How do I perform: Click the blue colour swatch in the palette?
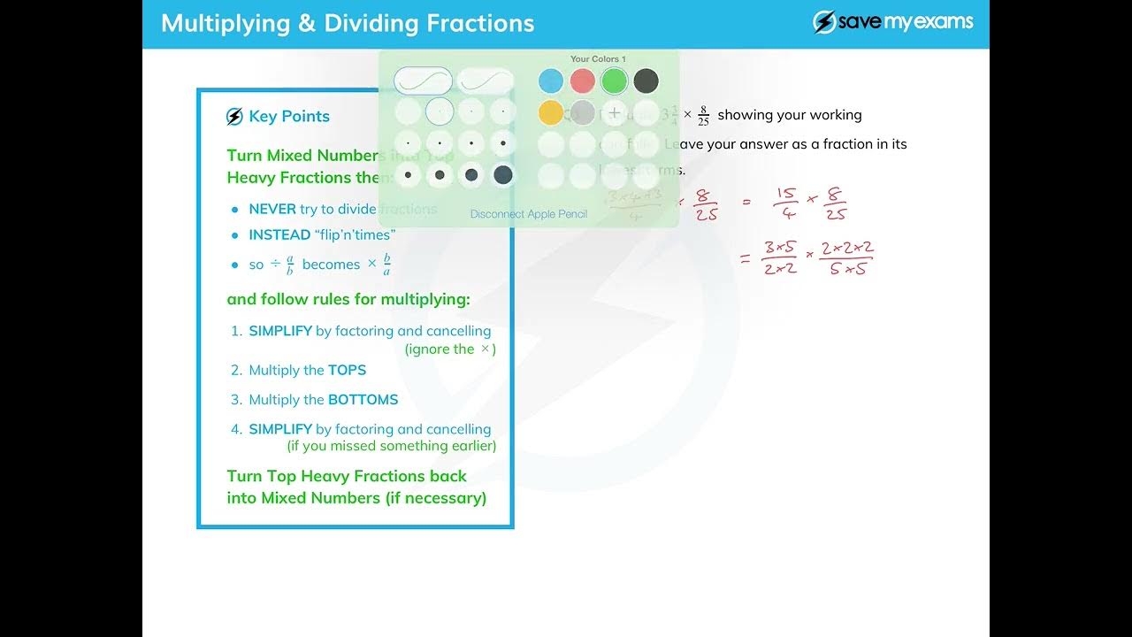(550, 81)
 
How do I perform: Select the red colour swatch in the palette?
(582, 81)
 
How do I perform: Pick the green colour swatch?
(614, 81)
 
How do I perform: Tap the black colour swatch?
(646, 81)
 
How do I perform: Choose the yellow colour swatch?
(550, 112)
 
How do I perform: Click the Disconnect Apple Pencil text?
(528, 214)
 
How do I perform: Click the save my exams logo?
(893, 22)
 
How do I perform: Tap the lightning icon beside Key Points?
(234, 117)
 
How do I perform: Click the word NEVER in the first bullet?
(272, 210)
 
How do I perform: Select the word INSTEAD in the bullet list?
(279, 235)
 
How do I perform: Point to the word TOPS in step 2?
(347, 371)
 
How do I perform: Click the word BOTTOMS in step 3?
(363, 400)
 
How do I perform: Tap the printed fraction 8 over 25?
(703, 116)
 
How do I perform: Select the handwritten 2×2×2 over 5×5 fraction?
(846, 258)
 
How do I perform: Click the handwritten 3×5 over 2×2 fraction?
(780, 258)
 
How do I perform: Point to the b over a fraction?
(386, 265)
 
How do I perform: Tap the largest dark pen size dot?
(502, 175)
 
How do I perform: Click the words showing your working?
(789, 115)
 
